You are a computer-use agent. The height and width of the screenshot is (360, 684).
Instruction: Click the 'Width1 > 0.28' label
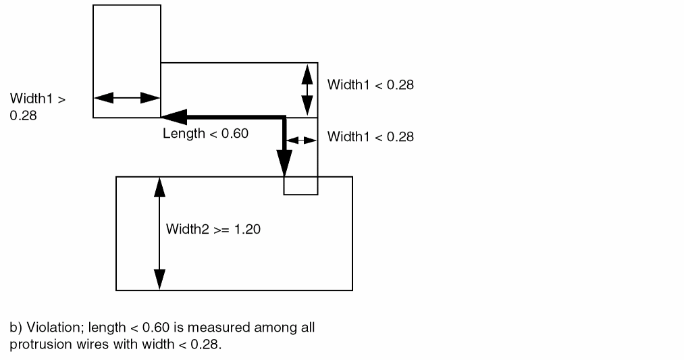tap(37, 107)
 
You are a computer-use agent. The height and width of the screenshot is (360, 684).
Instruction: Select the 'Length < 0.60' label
tap(205, 134)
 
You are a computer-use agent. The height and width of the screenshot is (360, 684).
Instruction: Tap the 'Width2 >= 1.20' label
tap(213, 229)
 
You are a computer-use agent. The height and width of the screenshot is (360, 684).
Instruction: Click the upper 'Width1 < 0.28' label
tap(370, 85)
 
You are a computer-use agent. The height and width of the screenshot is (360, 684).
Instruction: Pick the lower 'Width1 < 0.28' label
tap(370, 137)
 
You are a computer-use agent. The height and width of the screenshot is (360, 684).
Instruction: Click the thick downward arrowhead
tap(284, 164)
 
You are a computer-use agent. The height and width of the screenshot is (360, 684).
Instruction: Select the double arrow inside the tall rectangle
tap(126, 98)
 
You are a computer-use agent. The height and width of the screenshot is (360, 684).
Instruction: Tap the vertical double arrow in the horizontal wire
tap(307, 89)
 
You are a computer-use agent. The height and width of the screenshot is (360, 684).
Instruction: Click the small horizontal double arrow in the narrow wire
tap(301, 140)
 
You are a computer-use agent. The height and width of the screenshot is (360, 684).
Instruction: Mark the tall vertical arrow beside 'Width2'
tap(159, 233)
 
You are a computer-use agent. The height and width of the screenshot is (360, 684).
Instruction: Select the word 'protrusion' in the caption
tap(36, 342)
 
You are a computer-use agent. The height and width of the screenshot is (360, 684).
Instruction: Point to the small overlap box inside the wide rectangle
tap(300, 186)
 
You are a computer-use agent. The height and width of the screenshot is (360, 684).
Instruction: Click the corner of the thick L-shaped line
tap(284, 118)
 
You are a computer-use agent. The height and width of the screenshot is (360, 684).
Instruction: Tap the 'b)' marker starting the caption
tap(16, 328)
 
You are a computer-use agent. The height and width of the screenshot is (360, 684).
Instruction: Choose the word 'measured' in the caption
tap(215, 328)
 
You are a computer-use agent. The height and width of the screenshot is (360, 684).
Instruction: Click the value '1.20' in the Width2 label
tap(247, 229)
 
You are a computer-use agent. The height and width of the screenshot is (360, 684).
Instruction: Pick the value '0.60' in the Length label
tap(235, 134)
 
